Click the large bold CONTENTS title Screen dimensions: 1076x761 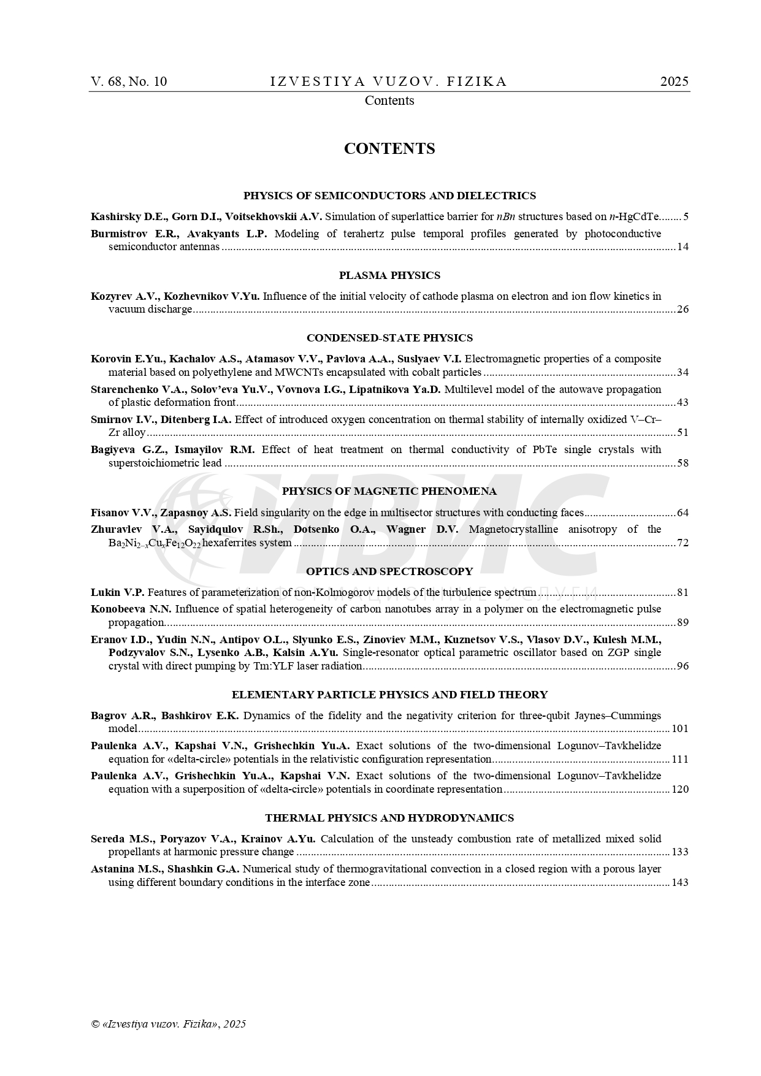pyautogui.click(x=389, y=149)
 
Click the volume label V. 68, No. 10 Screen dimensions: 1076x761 pyautogui.click(x=129, y=82)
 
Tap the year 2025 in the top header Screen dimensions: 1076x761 pyautogui.click(x=674, y=82)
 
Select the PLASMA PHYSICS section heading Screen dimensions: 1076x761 pyautogui.click(x=389, y=275)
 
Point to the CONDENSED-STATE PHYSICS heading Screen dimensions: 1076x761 pyautogui.click(x=389, y=338)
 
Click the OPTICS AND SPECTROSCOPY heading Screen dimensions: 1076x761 pyautogui.click(x=389, y=571)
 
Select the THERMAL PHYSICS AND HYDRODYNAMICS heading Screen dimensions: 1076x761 pyautogui.click(x=389, y=818)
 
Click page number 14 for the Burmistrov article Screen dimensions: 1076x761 pyautogui.click(x=683, y=247)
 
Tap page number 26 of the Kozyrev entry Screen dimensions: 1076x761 pyautogui.click(x=683, y=310)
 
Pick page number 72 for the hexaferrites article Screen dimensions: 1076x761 pyautogui.click(x=683, y=543)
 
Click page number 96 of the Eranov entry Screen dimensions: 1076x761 pyautogui.click(x=683, y=666)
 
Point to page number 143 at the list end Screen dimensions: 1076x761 pyautogui.click(x=680, y=883)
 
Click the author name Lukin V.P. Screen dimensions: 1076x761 pyautogui.click(x=118, y=592)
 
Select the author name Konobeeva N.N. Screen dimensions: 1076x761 pyautogui.click(x=131, y=609)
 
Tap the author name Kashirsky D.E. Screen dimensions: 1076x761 pyautogui.click(x=129, y=216)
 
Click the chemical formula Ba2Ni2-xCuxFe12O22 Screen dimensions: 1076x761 pyautogui.click(x=155, y=543)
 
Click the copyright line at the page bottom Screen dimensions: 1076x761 pyautogui.click(x=168, y=1024)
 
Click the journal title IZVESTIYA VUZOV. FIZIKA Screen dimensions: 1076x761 pyautogui.click(x=389, y=82)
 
